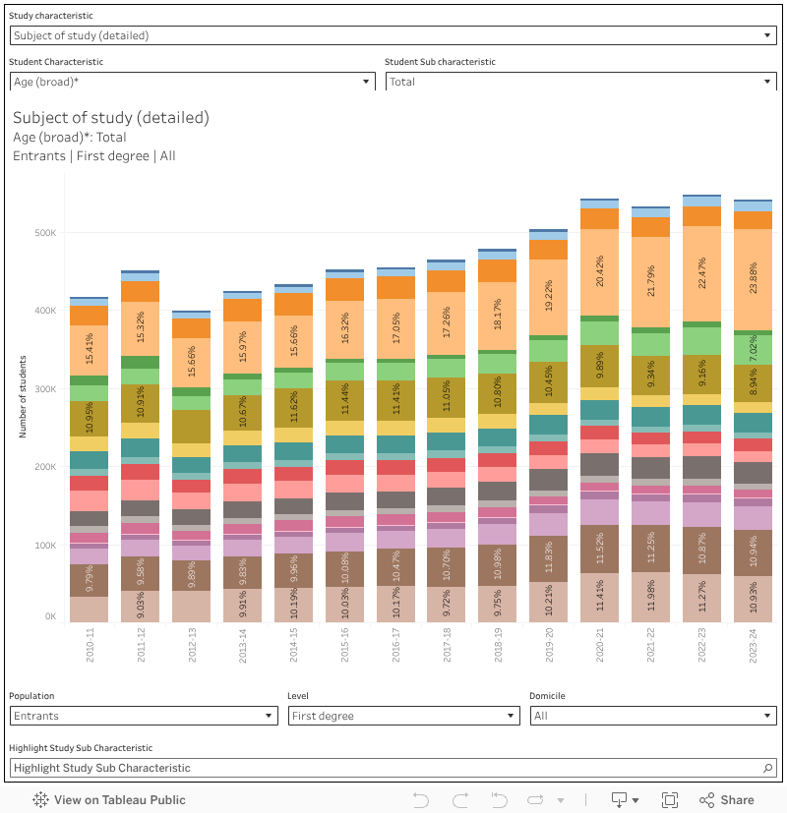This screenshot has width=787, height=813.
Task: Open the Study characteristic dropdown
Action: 393,35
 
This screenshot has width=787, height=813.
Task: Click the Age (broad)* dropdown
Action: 192,82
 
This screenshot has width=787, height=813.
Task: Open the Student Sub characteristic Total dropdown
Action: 580,82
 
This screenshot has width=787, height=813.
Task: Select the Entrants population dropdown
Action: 144,716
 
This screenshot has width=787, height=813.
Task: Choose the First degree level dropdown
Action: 403,716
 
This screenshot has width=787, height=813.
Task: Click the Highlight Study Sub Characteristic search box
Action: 393,768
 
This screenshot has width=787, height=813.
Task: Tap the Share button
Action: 727,800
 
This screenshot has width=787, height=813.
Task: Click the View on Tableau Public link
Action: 109,800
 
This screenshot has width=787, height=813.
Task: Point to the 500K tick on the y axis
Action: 46,233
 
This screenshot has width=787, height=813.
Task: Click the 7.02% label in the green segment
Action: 755,349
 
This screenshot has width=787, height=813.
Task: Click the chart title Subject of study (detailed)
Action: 111,117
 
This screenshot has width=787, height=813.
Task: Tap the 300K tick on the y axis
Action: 46,389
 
